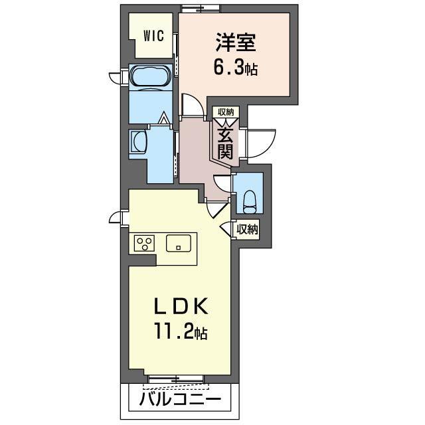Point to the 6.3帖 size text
coord(236,68)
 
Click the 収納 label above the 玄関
coord(224,113)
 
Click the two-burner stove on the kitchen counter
coord(144,243)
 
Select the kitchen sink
coord(179,242)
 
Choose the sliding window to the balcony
coord(176,379)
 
